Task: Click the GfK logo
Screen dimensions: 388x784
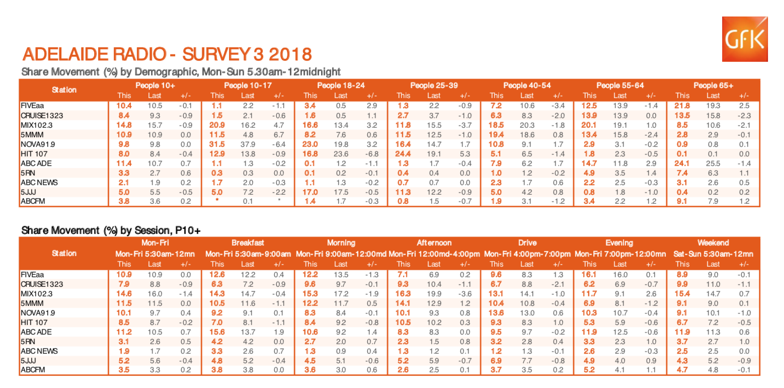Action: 744,39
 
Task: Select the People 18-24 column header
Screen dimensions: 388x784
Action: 341,85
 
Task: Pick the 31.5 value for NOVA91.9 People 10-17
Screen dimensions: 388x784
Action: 217,144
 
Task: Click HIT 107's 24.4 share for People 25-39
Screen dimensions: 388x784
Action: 403,154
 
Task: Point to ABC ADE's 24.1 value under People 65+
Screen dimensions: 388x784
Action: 682,164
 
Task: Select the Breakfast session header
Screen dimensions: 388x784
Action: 248,243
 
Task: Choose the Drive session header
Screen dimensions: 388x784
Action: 527,243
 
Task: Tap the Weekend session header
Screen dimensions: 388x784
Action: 713,243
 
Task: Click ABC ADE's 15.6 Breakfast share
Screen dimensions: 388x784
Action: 217,332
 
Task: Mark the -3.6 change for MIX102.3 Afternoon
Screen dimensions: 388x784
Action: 464,293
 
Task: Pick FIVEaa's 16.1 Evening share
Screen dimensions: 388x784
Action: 589,274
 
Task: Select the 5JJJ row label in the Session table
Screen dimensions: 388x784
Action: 29,361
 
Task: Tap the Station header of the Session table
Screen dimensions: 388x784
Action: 64,253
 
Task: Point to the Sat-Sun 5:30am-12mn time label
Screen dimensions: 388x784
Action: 713,254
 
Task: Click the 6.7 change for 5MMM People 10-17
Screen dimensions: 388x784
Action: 278,135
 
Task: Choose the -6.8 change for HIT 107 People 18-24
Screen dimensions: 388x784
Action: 371,154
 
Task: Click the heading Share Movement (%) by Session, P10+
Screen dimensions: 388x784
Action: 111,230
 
